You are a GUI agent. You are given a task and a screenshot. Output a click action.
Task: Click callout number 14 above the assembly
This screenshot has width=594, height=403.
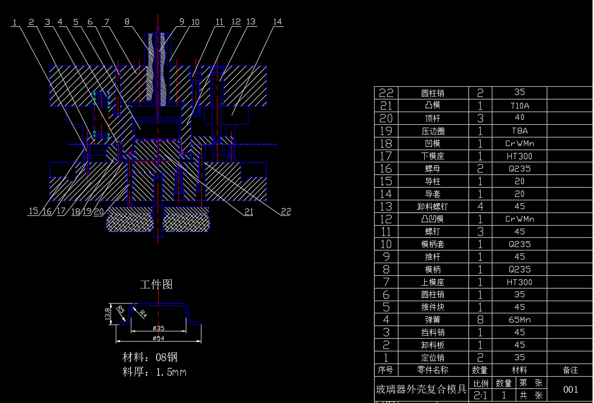(x=277, y=22)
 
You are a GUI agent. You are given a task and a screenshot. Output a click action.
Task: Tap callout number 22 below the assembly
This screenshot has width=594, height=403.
(x=286, y=211)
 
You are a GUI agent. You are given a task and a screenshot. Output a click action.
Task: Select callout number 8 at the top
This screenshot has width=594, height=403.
(x=127, y=22)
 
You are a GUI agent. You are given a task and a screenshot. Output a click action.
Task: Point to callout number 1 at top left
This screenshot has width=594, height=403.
(x=15, y=22)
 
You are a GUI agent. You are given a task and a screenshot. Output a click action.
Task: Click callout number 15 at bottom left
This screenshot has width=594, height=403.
(x=33, y=211)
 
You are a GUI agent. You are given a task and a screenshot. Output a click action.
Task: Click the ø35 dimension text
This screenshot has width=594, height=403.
(x=158, y=328)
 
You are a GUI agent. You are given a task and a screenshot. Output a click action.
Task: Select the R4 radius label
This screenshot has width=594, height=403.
(x=143, y=314)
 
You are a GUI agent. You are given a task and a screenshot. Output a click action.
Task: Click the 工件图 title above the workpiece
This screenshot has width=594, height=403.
(x=156, y=285)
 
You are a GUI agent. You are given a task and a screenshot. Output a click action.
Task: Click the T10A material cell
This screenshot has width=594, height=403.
(x=519, y=105)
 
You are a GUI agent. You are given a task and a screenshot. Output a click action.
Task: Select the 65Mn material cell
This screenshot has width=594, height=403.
(x=519, y=320)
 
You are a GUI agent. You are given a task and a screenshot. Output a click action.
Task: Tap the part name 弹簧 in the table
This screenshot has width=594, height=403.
(x=432, y=320)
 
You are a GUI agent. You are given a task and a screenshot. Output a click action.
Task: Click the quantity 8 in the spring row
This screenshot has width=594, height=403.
(x=480, y=320)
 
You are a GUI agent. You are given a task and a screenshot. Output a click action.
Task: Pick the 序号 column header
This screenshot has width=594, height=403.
(x=385, y=370)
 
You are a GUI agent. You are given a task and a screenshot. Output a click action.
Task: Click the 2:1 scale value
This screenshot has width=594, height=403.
(x=481, y=395)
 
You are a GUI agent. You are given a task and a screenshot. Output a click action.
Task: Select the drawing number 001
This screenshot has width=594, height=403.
(x=570, y=389)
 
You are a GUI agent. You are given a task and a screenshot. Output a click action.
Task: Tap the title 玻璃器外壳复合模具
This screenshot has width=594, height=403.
(x=421, y=389)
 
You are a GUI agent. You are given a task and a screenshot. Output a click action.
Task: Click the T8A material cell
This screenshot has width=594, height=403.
(x=519, y=131)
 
